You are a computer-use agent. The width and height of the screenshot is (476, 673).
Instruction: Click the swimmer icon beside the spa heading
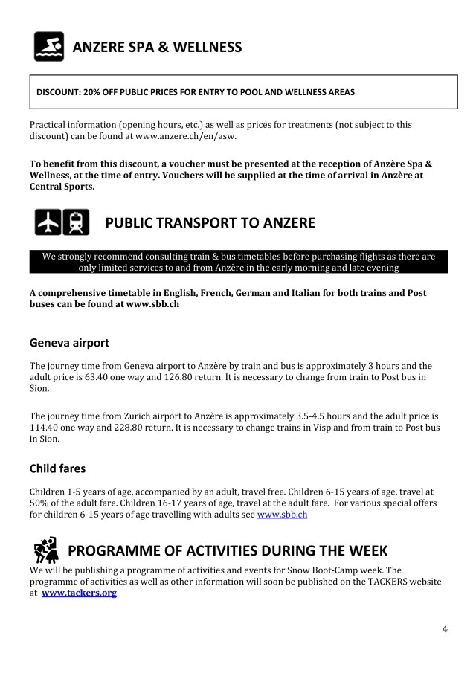coord(49,46)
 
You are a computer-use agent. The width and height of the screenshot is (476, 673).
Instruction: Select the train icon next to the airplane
coord(77,222)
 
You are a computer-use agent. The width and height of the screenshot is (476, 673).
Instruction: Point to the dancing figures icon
coord(46,550)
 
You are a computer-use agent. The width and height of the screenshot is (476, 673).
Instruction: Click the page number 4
coord(445,629)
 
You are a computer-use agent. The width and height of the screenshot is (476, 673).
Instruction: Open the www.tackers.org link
coord(80,593)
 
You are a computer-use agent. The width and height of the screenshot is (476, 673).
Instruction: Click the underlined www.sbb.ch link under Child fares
coord(282,514)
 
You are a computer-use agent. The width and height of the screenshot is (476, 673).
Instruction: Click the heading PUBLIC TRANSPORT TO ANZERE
coord(210,222)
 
